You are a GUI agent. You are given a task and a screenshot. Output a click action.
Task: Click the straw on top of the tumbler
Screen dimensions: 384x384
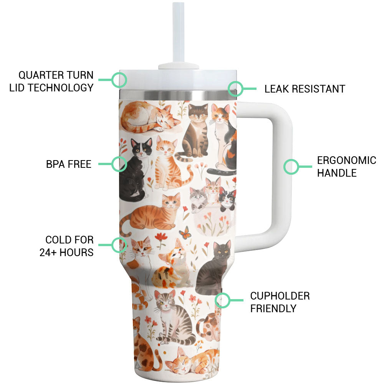pyautogui.click(x=178, y=33)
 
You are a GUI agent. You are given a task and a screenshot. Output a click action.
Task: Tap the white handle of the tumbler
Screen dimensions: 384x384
pyautogui.click(x=281, y=171)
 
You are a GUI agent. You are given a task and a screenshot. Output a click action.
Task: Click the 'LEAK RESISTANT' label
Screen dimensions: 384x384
pyautogui.click(x=305, y=89)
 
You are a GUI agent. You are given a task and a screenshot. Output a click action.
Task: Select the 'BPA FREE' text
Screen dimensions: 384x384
pyautogui.click(x=69, y=164)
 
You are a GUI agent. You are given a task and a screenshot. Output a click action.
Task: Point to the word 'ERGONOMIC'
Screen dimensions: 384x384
pyautogui.click(x=346, y=161)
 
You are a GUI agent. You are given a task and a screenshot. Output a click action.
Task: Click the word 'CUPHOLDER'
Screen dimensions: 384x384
pyautogui.click(x=280, y=296)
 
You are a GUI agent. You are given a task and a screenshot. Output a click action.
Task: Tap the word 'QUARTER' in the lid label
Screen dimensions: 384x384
pyautogui.click(x=38, y=75)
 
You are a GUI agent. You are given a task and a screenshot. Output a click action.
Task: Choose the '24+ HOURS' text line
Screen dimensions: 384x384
pyautogui.click(x=66, y=252)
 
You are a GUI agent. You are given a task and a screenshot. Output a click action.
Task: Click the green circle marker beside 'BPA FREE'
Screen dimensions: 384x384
pyautogui.click(x=119, y=164)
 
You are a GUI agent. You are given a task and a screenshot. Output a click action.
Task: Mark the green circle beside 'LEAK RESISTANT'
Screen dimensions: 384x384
pyautogui.click(x=235, y=89)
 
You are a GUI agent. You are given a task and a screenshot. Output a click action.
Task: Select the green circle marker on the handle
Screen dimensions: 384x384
pyautogui.click(x=291, y=167)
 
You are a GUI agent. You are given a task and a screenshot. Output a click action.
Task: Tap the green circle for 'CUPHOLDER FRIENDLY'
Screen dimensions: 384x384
pyautogui.click(x=222, y=300)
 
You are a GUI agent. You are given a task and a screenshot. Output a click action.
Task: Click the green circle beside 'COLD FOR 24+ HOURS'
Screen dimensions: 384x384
pyautogui.click(x=119, y=245)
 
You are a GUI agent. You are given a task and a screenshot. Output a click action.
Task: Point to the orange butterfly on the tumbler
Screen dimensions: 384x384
pyautogui.click(x=185, y=232)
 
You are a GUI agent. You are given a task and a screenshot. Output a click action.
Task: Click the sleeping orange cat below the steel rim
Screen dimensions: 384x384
pyautogui.click(x=149, y=118)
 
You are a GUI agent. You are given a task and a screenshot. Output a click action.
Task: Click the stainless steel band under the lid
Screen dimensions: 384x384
pyautogui.click(x=178, y=95)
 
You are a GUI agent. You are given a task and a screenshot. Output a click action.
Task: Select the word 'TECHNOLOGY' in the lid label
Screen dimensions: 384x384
pyautogui.click(x=61, y=88)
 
